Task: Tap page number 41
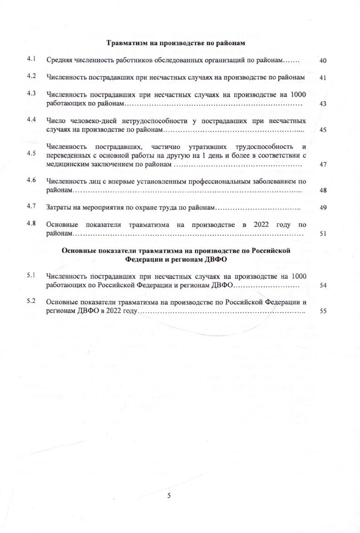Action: (323, 78)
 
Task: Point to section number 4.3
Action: (31, 93)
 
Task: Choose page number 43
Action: (323, 104)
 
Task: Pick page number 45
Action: (323, 130)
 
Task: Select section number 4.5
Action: (31, 153)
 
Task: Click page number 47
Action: (323, 164)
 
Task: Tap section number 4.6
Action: (31, 180)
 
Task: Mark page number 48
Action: (323, 190)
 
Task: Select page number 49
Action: (323, 207)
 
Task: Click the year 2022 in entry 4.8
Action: (262, 225)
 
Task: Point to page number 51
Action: (323, 234)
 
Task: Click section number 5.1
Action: (31, 275)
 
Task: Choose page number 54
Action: (323, 286)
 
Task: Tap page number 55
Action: (323, 312)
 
